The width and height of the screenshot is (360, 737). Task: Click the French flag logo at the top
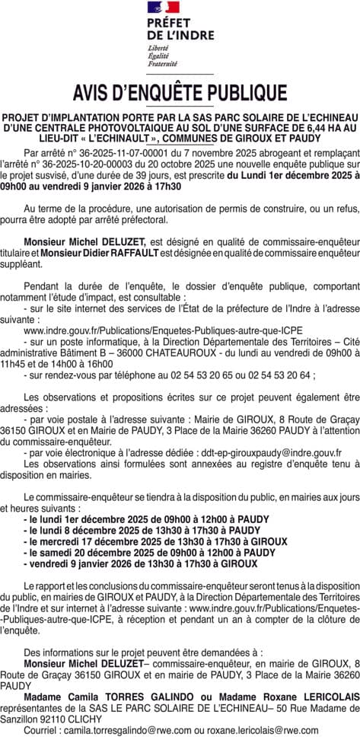[164, 8]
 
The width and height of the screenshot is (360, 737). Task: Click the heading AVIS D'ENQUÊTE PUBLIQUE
[180, 93]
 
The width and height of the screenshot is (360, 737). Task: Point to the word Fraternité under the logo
[162, 63]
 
